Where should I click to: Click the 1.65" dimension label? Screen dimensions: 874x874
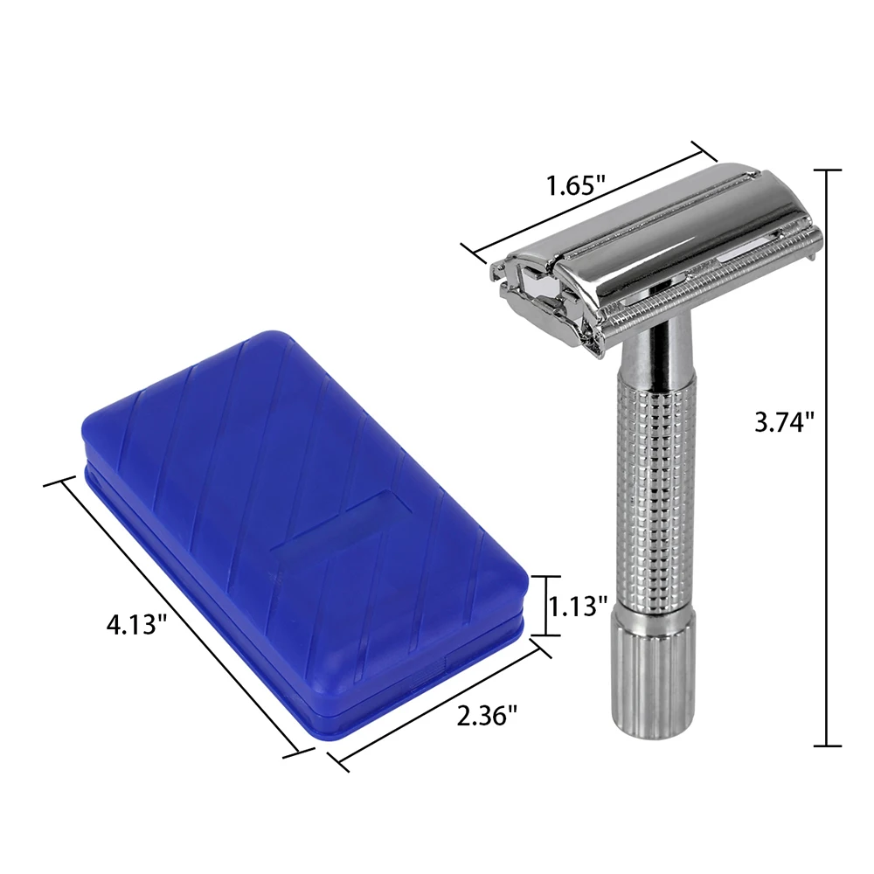click(575, 185)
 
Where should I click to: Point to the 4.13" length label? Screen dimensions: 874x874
click(137, 625)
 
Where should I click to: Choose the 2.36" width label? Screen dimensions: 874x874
click(487, 716)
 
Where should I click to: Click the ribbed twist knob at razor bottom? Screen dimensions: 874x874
click(654, 670)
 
